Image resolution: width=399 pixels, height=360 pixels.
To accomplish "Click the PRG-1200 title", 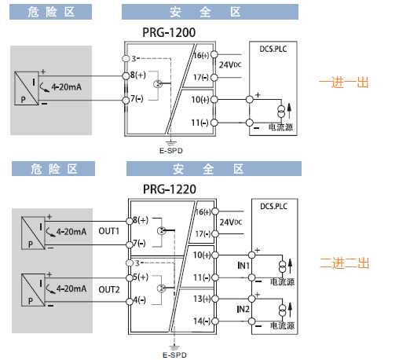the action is [169, 32].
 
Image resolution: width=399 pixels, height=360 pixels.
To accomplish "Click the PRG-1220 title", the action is [170, 189].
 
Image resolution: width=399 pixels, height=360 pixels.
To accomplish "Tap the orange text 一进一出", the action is [343, 83].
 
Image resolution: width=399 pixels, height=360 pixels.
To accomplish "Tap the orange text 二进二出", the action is [344, 263].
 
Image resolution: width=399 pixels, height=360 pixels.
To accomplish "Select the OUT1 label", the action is [109, 231].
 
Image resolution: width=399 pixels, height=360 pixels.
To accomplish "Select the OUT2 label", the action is [109, 289].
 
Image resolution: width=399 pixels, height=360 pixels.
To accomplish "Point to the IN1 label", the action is [243, 266].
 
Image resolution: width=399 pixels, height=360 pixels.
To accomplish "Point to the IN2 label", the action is [243, 310].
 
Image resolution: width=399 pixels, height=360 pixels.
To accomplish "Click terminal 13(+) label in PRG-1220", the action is [202, 299].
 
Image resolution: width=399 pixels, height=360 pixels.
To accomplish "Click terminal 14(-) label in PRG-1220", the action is [202, 321].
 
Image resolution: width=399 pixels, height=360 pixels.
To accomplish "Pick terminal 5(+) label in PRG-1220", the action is [141, 277].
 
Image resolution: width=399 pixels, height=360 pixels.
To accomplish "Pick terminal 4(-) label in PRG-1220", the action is [140, 299].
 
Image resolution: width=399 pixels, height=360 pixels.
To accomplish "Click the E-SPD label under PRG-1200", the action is [171, 151].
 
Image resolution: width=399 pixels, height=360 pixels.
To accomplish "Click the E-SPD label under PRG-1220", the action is [174, 355].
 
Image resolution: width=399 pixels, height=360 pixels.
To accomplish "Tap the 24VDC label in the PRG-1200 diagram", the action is [230, 64].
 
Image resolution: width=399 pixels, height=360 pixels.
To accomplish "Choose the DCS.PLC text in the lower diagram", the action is [274, 207].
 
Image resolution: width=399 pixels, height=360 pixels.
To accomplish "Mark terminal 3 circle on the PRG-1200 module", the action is [126, 59].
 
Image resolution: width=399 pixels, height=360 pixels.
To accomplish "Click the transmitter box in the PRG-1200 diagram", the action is [27, 88].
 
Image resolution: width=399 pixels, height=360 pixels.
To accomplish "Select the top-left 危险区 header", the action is [51, 12].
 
